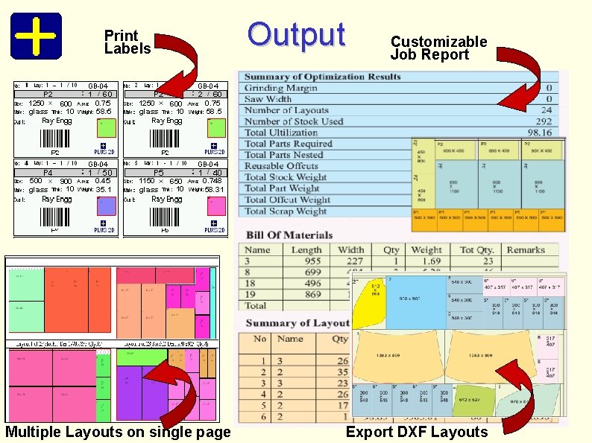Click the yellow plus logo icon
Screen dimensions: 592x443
click(36, 35)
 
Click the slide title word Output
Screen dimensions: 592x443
click(296, 34)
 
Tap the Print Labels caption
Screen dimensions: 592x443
click(127, 42)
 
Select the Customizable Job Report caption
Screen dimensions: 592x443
click(438, 48)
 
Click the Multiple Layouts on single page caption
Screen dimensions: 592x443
click(118, 433)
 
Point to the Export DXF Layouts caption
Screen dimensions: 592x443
click(417, 433)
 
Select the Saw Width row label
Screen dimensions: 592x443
click(268, 99)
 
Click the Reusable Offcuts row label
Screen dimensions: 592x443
click(281, 166)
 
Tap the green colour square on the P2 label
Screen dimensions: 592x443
click(104, 124)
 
